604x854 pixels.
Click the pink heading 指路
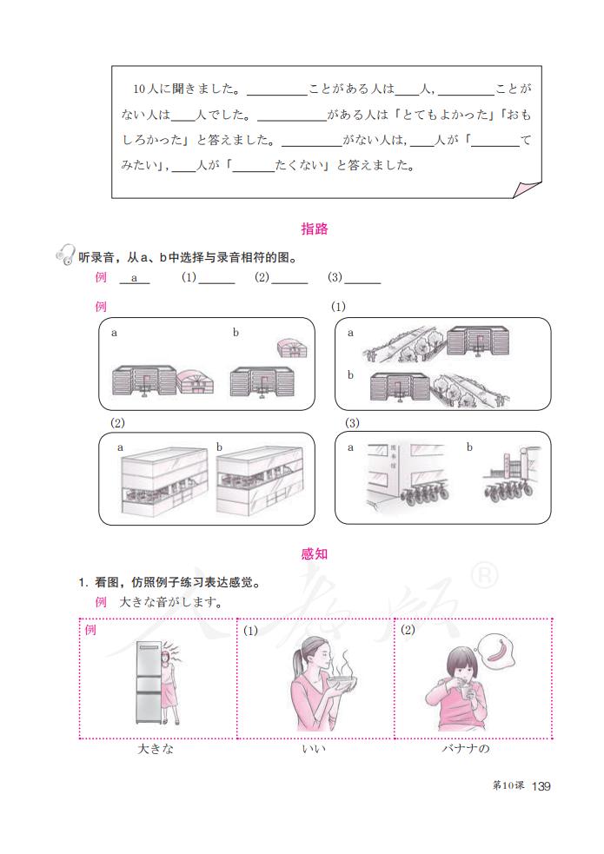pyautogui.click(x=314, y=229)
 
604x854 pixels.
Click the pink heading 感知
pyautogui.click(x=314, y=554)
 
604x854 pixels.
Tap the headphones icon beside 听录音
pyautogui.click(x=63, y=255)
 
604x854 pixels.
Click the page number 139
pyautogui.click(x=541, y=786)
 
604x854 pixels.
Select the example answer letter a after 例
pyautogui.click(x=135, y=278)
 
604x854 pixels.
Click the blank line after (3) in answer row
pyautogui.click(x=362, y=280)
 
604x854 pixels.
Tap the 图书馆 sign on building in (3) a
pyautogui.click(x=394, y=455)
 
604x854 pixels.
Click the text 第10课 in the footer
pyautogui.click(x=508, y=786)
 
